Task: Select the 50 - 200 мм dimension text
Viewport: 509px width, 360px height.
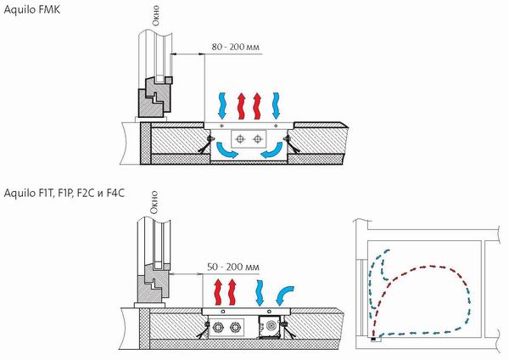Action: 231,267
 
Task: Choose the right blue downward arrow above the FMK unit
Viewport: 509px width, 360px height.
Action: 277,104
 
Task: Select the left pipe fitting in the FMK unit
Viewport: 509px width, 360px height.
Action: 242,138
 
